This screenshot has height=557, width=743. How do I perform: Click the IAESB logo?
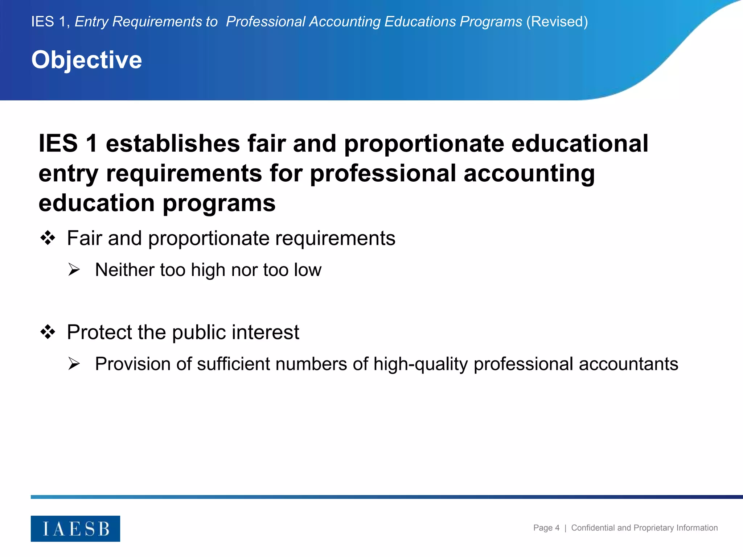(75, 528)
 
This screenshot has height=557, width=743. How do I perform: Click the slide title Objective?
(87, 60)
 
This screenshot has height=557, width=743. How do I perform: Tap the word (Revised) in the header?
(557, 22)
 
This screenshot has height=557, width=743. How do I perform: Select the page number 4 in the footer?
(557, 528)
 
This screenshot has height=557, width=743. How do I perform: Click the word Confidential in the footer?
(594, 528)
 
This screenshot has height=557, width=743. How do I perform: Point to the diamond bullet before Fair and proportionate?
(48, 238)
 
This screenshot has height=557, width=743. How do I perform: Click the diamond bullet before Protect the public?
(48, 332)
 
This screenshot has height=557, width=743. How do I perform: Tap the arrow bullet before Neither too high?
(74, 270)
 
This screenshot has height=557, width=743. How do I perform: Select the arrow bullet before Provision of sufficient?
(74, 364)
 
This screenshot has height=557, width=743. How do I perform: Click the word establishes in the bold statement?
(173, 144)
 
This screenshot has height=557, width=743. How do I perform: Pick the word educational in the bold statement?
(580, 144)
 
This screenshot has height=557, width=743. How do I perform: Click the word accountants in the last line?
(628, 364)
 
